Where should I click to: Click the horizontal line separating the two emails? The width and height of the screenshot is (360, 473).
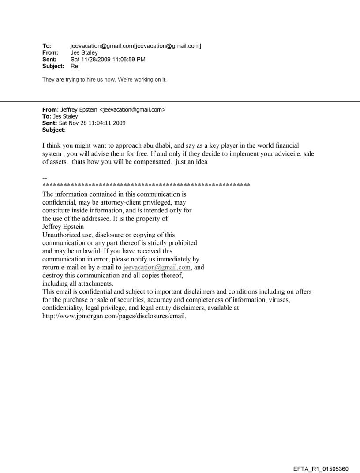click(180, 101)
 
